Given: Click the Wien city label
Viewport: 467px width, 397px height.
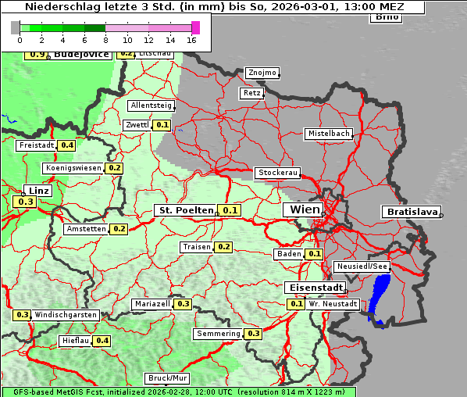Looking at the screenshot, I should coord(304,210).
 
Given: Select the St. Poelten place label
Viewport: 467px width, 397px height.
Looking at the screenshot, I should coord(186,210).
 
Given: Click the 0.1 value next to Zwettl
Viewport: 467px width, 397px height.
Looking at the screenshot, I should coord(162,125).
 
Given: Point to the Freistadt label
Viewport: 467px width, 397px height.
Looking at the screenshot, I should coord(37,145).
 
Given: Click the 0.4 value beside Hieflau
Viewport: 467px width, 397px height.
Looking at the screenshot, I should coord(102,341).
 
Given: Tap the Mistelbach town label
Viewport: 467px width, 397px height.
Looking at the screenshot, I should coord(328,134).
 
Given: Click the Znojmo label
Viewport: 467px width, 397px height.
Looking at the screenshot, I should coord(262,73).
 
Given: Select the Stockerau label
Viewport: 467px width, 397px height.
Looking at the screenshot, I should coord(277,173).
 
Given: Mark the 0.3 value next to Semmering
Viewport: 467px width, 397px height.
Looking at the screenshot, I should coord(253,334).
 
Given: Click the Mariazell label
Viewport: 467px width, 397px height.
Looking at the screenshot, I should coord(152,304).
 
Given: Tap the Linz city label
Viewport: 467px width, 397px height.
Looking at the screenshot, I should coord(38,190).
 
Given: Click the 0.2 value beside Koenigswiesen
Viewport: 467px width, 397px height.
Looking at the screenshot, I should coord(115,168).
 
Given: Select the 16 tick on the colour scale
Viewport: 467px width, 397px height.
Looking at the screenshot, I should coord(191,41).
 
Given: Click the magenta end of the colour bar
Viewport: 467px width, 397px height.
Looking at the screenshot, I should coord(195,27).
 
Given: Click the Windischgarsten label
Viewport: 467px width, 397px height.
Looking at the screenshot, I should coord(66,315).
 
